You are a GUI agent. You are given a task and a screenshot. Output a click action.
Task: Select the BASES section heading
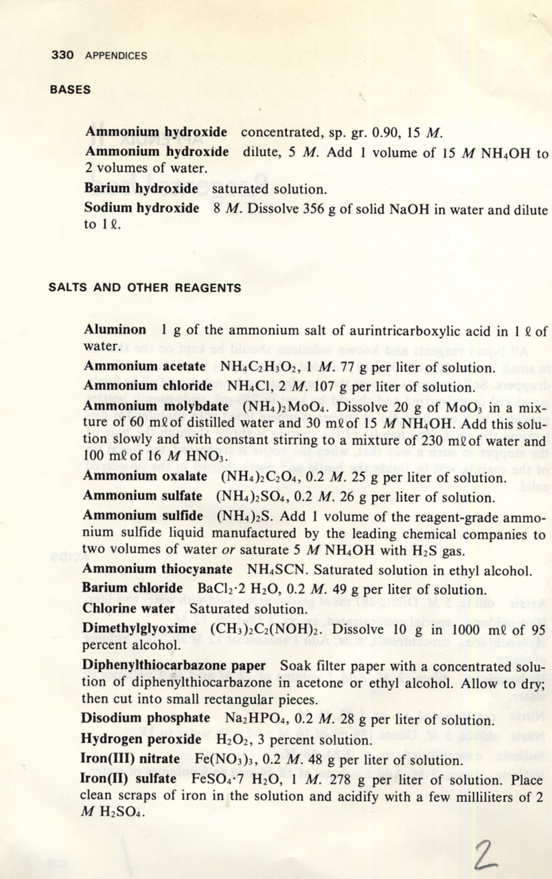70,89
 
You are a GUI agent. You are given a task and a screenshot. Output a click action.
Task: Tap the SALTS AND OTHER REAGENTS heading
145,288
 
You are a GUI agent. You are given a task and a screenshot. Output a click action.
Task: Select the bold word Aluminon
115,330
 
